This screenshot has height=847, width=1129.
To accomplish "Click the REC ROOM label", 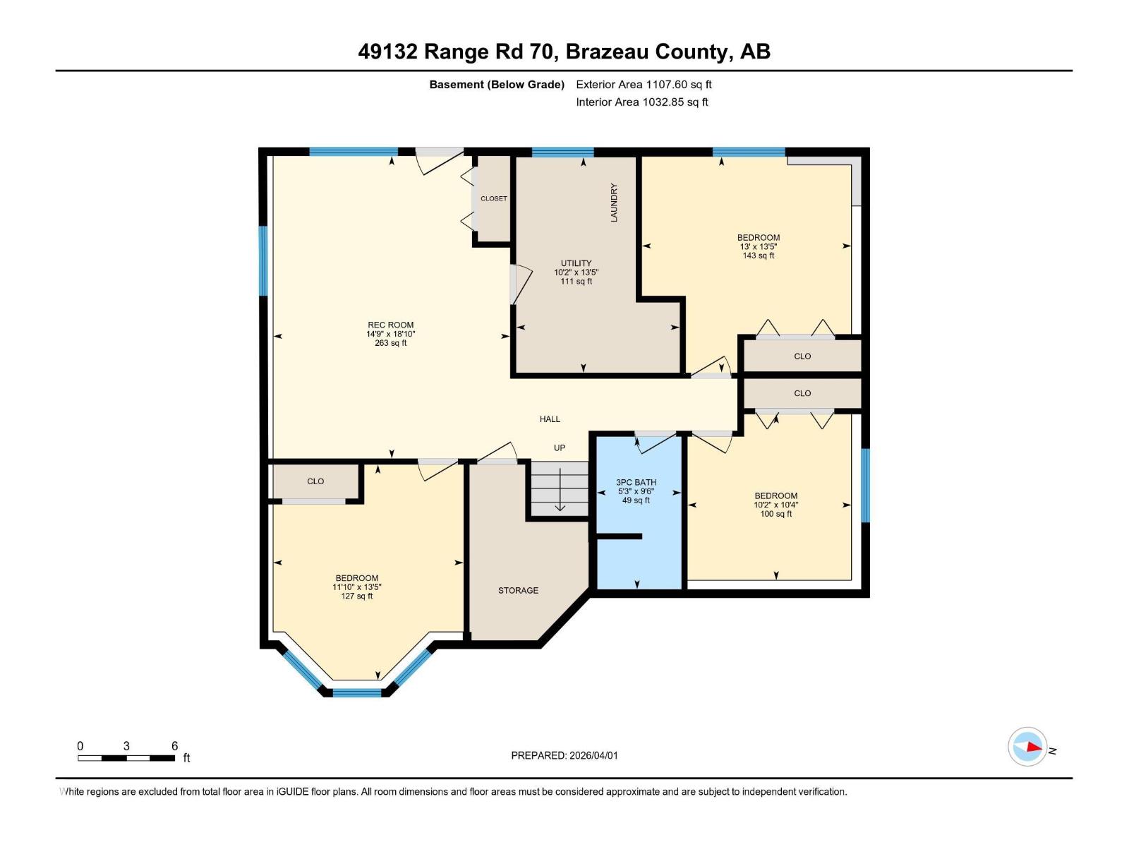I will click(x=390, y=325).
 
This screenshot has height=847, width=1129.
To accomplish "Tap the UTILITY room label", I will click(x=576, y=263).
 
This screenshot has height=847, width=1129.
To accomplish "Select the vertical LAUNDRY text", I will click(x=614, y=203).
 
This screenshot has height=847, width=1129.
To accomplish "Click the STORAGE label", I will click(x=518, y=591).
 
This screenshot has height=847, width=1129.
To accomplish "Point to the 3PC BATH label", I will click(x=636, y=483).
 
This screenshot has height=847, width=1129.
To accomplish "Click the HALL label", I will click(x=550, y=419).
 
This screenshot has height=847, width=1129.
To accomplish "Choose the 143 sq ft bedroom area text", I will click(x=759, y=256).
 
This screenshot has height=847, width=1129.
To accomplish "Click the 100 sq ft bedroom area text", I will click(x=775, y=514).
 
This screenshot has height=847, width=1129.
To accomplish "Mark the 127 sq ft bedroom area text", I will click(x=357, y=596).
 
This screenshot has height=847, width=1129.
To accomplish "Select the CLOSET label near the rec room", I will click(x=494, y=199).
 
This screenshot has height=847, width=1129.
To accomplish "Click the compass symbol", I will click(x=1027, y=747).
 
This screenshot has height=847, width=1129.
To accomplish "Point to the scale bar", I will click(x=126, y=758).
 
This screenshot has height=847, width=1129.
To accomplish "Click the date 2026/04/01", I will click(x=593, y=755).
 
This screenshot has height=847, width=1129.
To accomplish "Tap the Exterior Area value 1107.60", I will click(x=667, y=85).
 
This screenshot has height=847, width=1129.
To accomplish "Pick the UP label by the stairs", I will click(x=560, y=448).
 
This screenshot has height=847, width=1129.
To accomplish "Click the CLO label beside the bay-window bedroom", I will click(x=315, y=481).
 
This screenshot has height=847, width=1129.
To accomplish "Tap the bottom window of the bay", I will click(x=356, y=692).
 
